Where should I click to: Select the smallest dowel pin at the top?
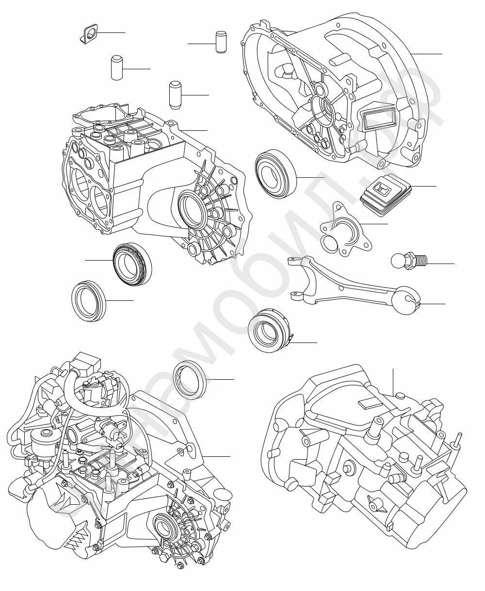(221, 42)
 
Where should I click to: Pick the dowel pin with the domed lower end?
(175, 95)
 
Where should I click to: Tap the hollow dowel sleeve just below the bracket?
(116, 68)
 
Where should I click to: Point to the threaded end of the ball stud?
(420, 262)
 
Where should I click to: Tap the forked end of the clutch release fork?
(297, 264)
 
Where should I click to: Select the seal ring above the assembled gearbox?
(190, 379)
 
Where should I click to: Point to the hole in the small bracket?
(89, 35)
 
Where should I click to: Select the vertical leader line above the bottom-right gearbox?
(393, 380)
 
